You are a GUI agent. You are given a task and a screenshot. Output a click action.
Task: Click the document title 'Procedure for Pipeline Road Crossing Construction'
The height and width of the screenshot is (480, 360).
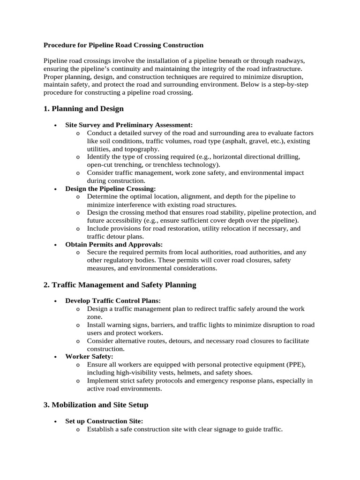click(123, 45)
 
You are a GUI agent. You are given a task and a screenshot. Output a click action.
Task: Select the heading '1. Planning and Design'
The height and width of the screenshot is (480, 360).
click(83, 109)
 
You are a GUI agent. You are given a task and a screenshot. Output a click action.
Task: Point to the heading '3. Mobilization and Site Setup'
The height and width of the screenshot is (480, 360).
click(96, 404)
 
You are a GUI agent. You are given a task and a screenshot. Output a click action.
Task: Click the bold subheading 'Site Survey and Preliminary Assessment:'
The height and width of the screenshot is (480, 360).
click(129, 125)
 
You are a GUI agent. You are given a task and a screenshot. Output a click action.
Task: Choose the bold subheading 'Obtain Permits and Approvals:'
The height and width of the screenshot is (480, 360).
click(114, 245)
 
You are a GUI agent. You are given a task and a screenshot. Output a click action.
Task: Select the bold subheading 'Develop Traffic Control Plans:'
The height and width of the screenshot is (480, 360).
click(113, 300)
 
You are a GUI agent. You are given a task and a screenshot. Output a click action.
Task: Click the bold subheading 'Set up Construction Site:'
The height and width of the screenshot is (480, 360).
click(104, 420)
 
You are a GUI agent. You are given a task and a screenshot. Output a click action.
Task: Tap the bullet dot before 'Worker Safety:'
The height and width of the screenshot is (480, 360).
click(55, 357)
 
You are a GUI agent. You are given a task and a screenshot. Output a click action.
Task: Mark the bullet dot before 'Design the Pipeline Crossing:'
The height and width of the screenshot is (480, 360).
click(55, 189)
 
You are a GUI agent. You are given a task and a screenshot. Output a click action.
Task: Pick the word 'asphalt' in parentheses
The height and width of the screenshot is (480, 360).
click(242, 141)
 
